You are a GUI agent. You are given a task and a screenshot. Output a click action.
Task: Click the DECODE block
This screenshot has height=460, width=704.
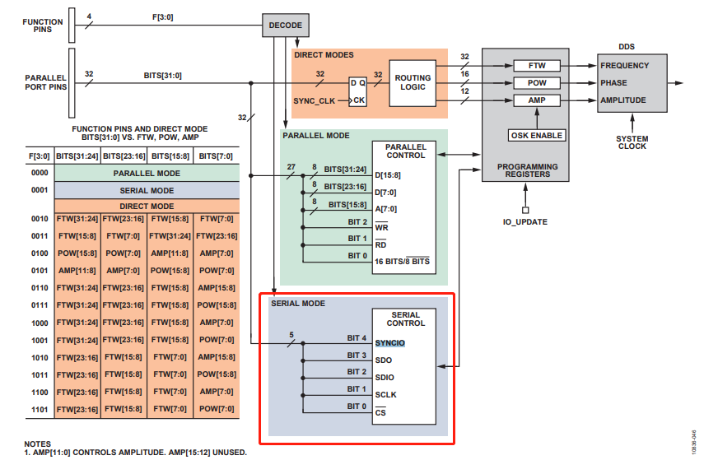tap(286, 26)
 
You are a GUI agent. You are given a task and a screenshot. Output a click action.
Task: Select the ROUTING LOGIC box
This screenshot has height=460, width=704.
tap(413, 82)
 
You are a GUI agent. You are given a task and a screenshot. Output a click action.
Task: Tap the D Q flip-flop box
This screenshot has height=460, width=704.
tap(357, 91)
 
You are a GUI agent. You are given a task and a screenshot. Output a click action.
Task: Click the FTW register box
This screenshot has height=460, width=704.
tap(535, 66)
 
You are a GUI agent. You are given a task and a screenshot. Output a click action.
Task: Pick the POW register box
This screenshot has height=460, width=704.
tap(535, 83)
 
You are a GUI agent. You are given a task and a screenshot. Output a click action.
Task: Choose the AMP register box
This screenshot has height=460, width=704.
tap(535, 100)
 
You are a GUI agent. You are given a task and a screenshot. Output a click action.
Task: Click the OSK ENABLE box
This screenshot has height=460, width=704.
tap(536, 135)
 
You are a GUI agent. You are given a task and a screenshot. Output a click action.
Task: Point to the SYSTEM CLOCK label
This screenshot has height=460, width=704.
tap(632, 142)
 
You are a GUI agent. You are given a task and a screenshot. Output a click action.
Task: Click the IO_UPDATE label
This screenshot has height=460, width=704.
tap(525, 222)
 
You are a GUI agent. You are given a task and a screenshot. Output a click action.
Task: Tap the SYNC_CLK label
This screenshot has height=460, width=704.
tap(315, 100)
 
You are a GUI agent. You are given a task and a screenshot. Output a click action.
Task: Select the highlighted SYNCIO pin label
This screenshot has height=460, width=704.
tap(390, 342)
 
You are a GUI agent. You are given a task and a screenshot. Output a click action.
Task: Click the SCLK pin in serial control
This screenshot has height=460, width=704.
tap(385, 394)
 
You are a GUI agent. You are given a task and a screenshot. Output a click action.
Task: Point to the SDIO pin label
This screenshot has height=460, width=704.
tap(384, 377)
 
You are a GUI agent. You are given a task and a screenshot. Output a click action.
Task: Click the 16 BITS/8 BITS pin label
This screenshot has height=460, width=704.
tap(401, 261)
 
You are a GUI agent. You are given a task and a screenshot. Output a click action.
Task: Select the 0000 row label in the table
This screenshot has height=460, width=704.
tap(39, 174)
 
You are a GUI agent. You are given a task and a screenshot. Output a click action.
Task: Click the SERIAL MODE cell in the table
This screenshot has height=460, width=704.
tap(147, 189)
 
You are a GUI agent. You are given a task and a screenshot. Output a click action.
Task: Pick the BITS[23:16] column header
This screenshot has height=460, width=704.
tap(124, 156)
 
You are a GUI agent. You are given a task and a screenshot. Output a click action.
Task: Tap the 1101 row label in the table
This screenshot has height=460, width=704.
tap(39, 409)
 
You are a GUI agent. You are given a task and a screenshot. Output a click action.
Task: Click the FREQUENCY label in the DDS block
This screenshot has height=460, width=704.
tap(624, 66)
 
